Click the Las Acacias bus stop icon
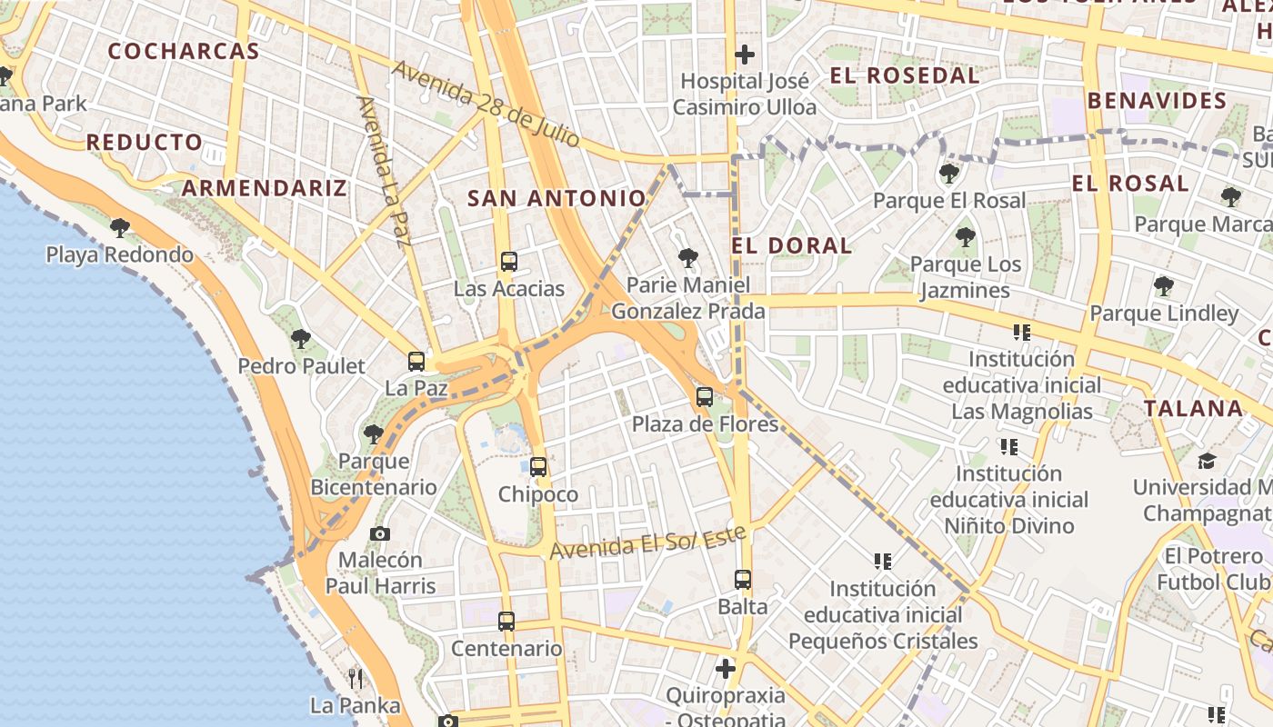[509, 262]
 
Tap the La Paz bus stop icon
[416, 362]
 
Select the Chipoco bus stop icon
[538, 467]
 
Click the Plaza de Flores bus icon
[705, 397]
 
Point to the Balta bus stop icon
[743, 579]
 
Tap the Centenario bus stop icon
[506, 622]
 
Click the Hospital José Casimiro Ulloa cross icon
[745, 55]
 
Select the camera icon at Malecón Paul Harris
[380, 533]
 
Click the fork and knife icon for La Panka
[356, 678]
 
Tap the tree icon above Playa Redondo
[119, 227]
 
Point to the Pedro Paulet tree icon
[301, 340]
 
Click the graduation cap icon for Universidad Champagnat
[1207, 461]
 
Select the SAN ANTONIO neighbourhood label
[556, 198]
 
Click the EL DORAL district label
[792, 245]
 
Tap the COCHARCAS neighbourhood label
[185, 51]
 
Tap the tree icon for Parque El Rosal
[949, 173]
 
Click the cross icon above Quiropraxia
[725, 670]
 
